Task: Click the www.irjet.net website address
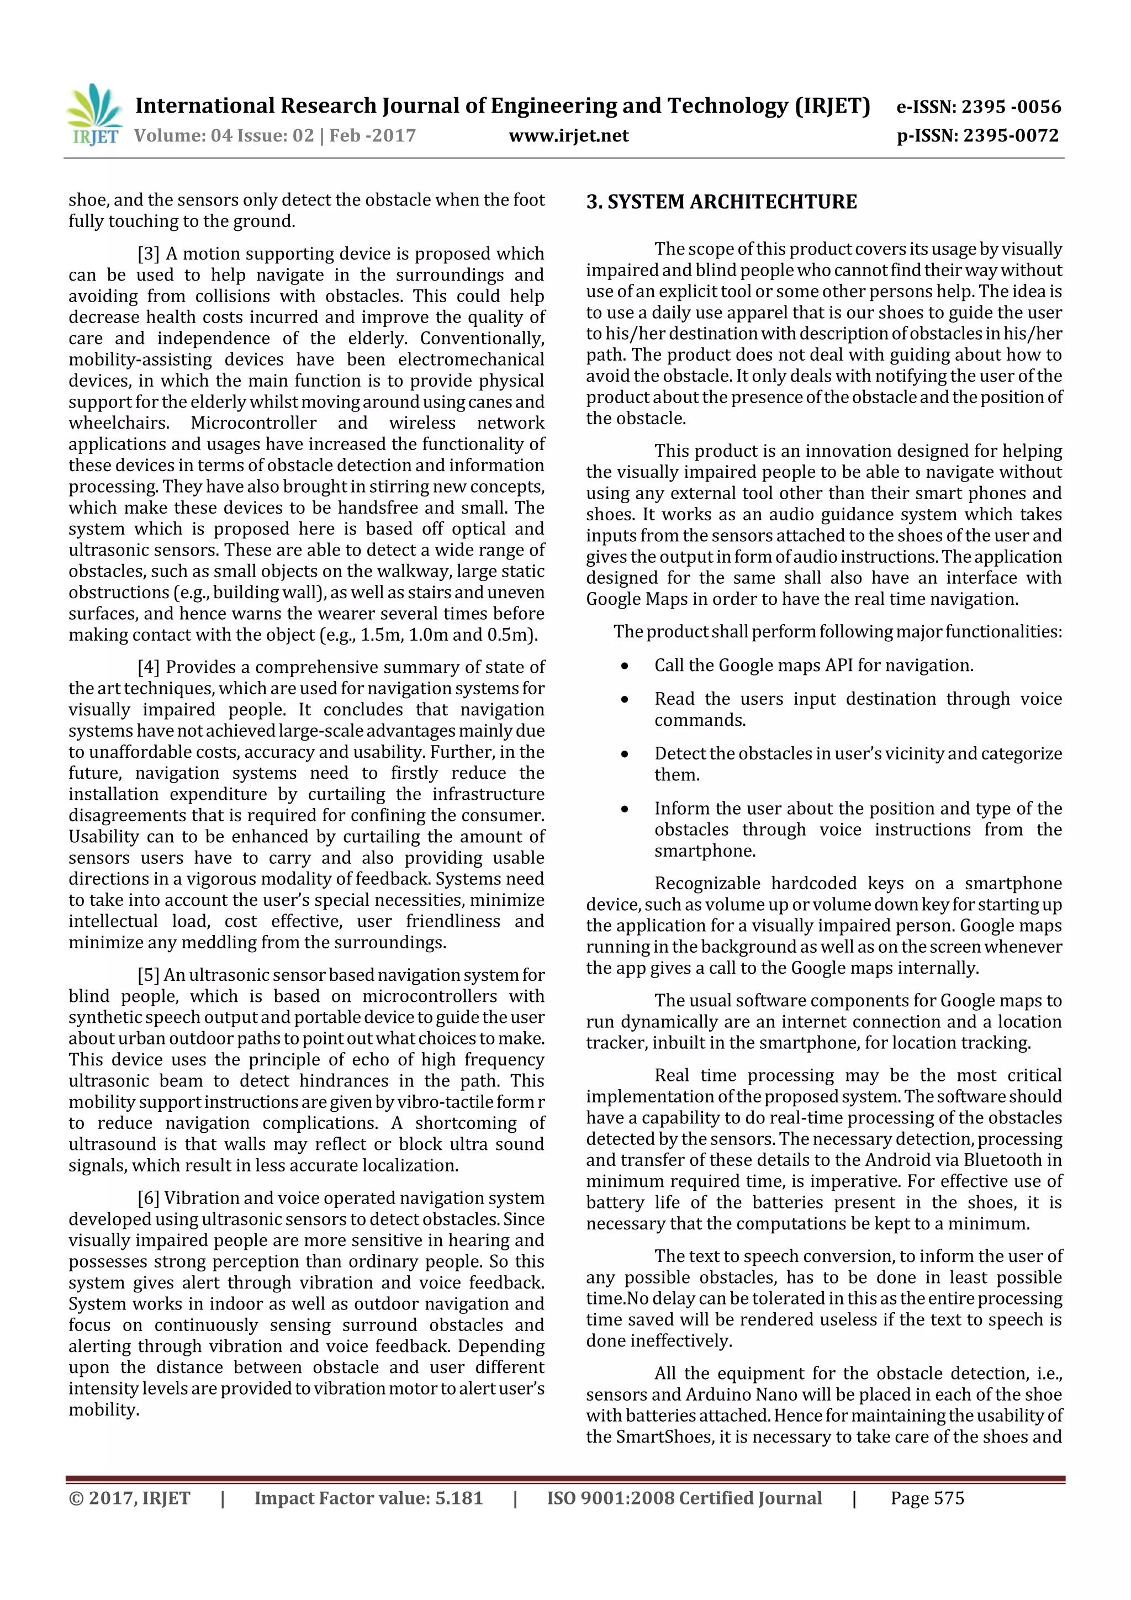(569, 135)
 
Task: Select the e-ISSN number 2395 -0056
(1011, 107)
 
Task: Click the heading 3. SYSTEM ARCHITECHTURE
(721, 202)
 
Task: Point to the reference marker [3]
(149, 254)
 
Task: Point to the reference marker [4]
(149, 667)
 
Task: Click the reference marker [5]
(149, 975)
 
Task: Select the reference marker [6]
(149, 1198)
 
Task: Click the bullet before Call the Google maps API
(625, 666)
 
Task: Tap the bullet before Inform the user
(625, 809)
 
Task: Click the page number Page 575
(927, 1498)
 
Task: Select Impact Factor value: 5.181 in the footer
(368, 1498)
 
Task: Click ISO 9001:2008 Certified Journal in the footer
(684, 1498)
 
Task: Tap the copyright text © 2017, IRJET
(130, 1498)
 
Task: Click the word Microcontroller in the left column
(253, 423)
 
